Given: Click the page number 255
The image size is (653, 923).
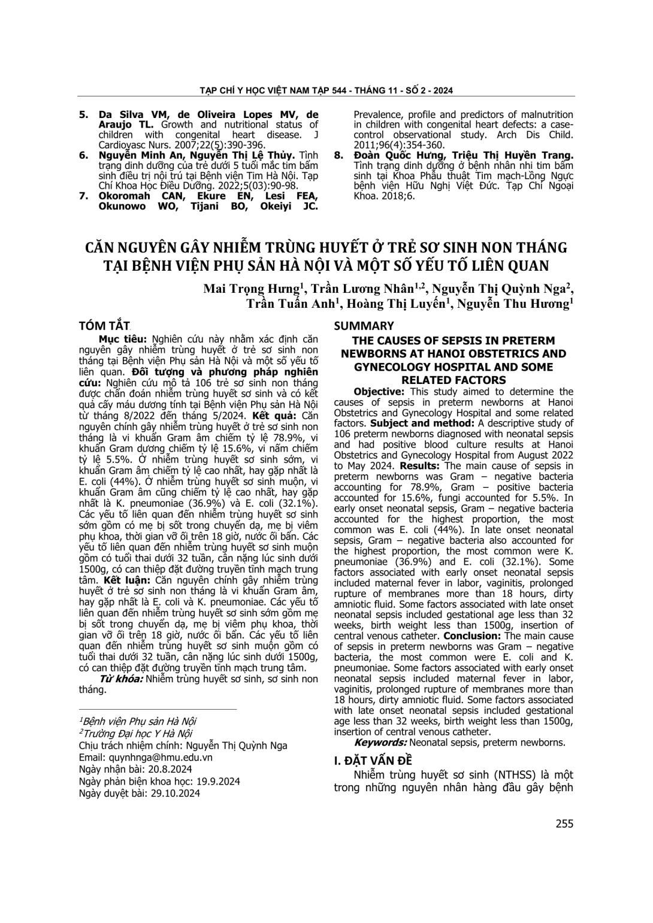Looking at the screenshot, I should click(x=564, y=824).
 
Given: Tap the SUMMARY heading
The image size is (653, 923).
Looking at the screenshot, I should click(x=364, y=326).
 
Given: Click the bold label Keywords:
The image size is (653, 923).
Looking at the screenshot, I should click(x=380, y=743).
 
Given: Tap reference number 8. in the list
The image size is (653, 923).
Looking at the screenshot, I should click(x=339, y=156).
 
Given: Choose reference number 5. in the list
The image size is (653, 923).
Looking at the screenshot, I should click(x=84, y=114).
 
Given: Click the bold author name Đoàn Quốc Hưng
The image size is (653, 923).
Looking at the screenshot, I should click(x=395, y=156).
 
